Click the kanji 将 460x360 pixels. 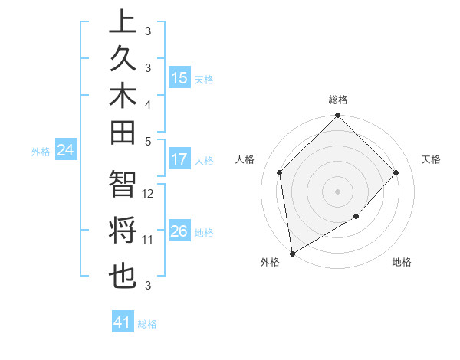(x=123, y=231)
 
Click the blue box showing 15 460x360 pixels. (x=179, y=78)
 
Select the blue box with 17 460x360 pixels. (x=179, y=159)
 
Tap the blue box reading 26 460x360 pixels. (x=179, y=231)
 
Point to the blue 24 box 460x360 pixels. (x=66, y=151)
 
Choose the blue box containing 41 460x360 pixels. (x=123, y=322)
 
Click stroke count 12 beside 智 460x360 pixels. (x=149, y=194)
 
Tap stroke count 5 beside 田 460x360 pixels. (x=148, y=141)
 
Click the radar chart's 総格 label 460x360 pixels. (x=338, y=100)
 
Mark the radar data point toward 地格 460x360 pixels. (x=356, y=217)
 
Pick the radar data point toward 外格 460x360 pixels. (x=292, y=253)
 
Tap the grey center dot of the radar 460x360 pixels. (x=338, y=191)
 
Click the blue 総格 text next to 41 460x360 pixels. (x=147, y=324)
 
